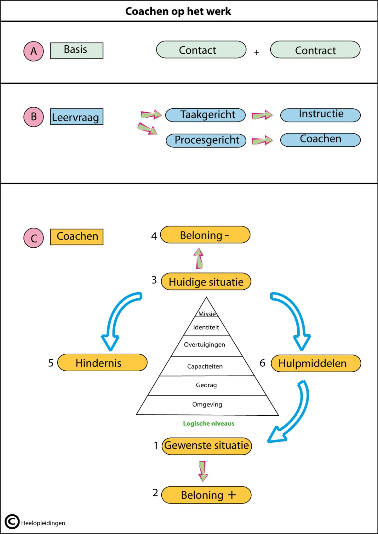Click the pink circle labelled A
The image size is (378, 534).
pyautogui.click(x=33, y=51)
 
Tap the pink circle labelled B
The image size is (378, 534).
pyautogui.click(x=33, y=117)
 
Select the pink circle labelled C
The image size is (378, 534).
pyautogui.click(x=33, y=238)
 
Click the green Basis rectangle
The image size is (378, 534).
pyautogui.click(x=77, y=51)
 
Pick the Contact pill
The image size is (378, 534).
pyautogui.click(x=201, y=50)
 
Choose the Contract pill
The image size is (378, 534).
pyautogui.click(x=315, y=50)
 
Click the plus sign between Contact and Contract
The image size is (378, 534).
pyautogui.click(x=256, y=53)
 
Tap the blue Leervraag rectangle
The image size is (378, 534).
pyautogui.click(x=77, y=117)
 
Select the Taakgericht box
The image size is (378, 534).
pyautogui.click(x=205, y=115)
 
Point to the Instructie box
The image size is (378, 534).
pyautogui.click(x=320, y=115)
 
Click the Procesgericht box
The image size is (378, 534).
pyautogui.click(x=206, y=140)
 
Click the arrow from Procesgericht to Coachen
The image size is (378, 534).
pyautogui.click(x=262, y=141)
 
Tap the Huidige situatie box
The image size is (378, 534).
pyautogui.click(x=206, y=282)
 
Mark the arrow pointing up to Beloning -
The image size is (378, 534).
pyautogui.click(x=199, y=258)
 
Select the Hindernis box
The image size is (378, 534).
pyautogui.click(x=102, y=363)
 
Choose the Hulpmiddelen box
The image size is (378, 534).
pyautogui.click(x=316, y=363)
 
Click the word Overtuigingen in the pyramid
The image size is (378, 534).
pyautogui.click(x=204, y=345)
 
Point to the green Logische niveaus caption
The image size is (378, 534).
pyautogui.click(x=209, y=424)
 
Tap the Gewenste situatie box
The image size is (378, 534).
pyautogui.click(x=207, y=446)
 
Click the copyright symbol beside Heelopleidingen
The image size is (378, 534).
pyautogui.click(x=12, y=522)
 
